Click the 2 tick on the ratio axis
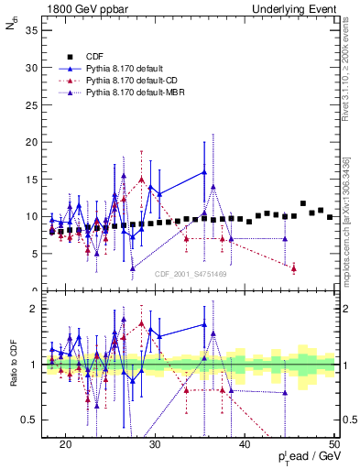[38, 309]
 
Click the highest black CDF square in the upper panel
[303, 203]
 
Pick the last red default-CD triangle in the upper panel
[294, 268]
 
